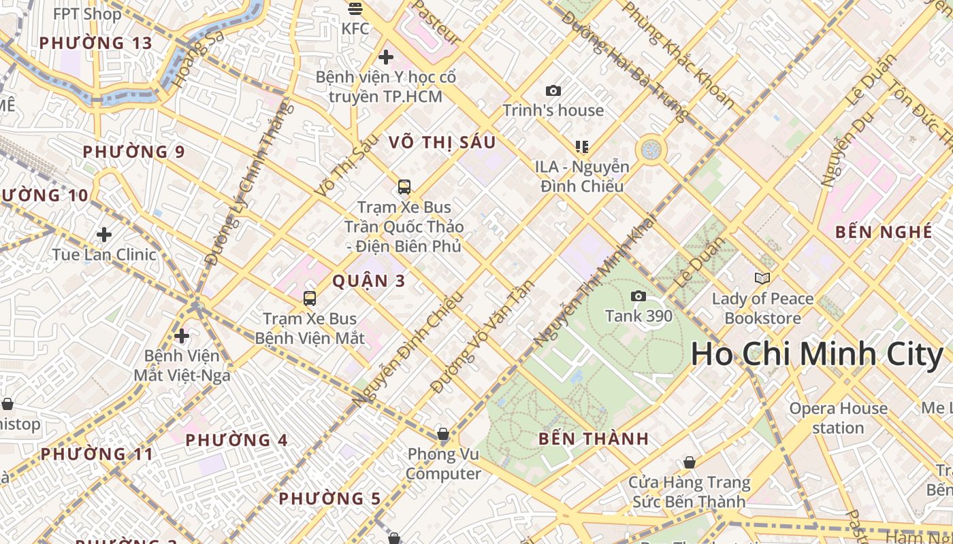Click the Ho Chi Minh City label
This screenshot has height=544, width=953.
[816, 354]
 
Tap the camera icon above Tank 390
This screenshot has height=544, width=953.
[638, 296]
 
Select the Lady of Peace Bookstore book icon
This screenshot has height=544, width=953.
[762, 278]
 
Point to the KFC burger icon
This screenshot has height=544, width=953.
[355, 9]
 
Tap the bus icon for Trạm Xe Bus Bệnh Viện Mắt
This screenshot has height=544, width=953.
[310, 298]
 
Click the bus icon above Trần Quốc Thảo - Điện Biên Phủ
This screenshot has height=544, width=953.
[404, 186]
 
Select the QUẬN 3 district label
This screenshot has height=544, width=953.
[369, 281]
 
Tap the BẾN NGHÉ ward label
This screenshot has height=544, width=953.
[884, 232]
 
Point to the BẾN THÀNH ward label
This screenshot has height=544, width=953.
[594, 439]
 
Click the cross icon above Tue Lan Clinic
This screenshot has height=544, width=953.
[104, 235]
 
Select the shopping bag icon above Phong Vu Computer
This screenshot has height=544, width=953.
[442, 433]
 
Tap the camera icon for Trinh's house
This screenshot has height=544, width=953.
[553, 90]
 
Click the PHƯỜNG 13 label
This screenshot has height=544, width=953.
[95, 43]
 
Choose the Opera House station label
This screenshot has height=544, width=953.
[838, 418]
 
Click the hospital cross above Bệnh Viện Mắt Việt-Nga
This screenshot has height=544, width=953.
[182, 336]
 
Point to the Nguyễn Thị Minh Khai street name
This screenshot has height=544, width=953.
[594, 280]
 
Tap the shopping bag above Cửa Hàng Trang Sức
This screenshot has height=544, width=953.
[690, 462]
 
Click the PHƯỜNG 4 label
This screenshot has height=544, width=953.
[236, 440]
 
